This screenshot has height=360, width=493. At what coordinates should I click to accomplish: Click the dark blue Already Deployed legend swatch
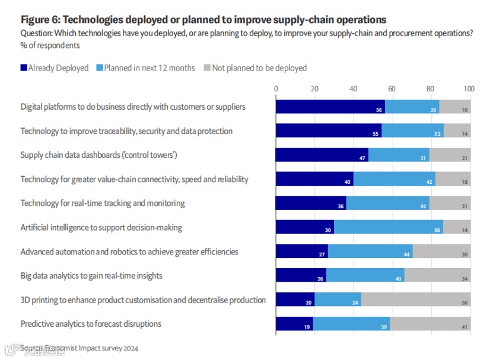coord(24,68)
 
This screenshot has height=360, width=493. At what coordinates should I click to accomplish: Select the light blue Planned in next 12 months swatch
coord(100,68)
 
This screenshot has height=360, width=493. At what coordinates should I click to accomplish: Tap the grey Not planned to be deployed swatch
coord(206,68)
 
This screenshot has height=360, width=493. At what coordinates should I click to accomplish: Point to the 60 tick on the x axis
coord(392,89)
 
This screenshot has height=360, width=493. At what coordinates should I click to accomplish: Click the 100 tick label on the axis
coord(469,89)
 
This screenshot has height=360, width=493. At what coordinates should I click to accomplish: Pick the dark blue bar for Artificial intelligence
coord(304,227)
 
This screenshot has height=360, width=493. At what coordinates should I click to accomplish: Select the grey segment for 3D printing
coord(415,300)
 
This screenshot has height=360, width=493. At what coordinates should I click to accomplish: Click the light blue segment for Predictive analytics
coord(351,324)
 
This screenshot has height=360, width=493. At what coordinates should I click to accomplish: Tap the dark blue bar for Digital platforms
coord(330,107)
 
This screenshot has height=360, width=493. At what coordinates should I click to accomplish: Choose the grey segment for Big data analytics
coord(437,275)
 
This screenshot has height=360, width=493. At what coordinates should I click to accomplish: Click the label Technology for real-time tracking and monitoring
coord(103,203)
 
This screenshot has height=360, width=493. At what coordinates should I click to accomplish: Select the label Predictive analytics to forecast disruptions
coord(91,324)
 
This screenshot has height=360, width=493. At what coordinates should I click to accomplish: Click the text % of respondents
coord(50,45)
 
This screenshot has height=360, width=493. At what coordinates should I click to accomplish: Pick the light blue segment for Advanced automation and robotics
coord(370,251)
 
